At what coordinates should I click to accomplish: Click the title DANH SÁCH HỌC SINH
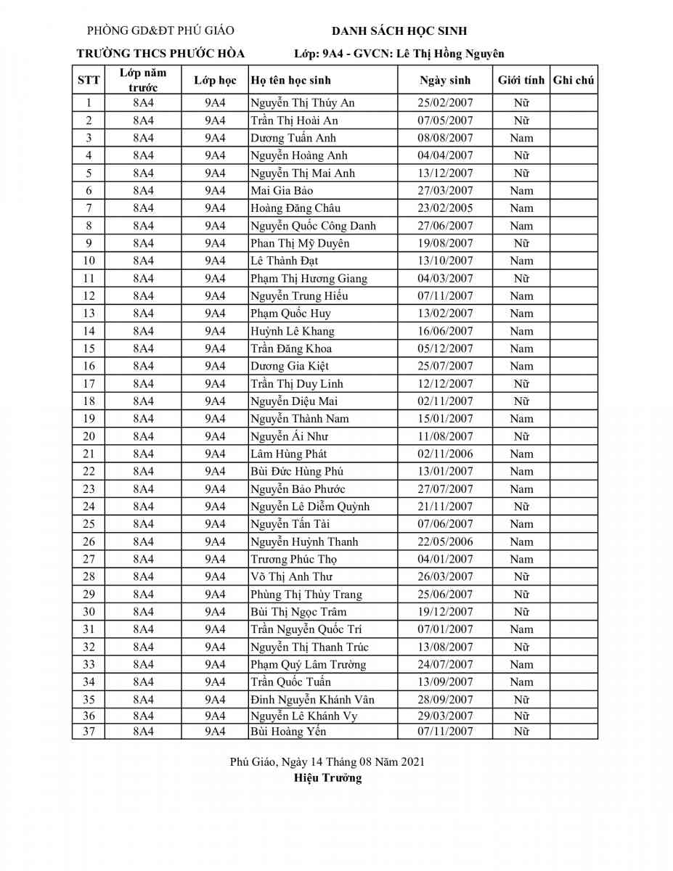(x=399, y=31)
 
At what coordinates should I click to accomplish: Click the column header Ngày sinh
(x=445, y=81)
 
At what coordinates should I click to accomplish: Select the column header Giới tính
(x=521, y=81)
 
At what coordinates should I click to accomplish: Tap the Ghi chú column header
(x=574, y=81)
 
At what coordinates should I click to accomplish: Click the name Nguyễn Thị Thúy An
(x=302, y=103)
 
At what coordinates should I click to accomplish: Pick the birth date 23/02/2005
(x=445, y=208)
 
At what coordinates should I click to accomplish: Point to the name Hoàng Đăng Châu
(x=295, y=208)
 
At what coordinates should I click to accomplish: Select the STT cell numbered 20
(x=89, y=436)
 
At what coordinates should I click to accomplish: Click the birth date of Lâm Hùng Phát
(x=445, y=454)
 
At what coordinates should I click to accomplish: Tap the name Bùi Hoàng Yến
(x=288, y=732)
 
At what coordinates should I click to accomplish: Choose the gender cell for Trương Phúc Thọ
(x=521, y=559)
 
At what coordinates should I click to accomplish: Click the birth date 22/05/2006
(x=445, y=541)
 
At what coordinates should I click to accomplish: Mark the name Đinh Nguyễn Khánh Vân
(x=312, y=700)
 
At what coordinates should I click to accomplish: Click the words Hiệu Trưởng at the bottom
(x=327, y=778)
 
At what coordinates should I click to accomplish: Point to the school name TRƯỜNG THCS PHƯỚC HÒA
(x=160, y=54)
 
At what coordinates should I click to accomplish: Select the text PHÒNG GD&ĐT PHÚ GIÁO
(x=160, y=30)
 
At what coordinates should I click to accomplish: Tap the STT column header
(x=89, y=81)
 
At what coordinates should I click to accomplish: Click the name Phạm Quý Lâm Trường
(x=308, y=665)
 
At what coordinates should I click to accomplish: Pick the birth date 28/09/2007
(x=445, y=700)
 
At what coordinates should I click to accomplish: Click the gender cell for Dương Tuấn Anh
(x=521, y=138)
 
